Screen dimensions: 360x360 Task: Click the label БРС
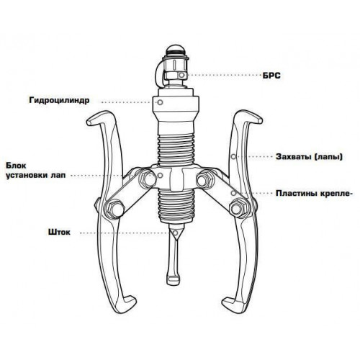tap(271, 76)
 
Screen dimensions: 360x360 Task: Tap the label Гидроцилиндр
tap(59, 100)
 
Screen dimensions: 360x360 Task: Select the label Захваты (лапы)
tap(309, 157)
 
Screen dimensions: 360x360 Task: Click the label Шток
tap(59, 233)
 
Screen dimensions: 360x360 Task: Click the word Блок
tap(16, 166)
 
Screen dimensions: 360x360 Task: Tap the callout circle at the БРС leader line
tap(181, 75)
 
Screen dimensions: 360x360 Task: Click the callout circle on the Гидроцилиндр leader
tap(161, 102)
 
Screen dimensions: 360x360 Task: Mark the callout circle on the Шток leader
tap(176, 233)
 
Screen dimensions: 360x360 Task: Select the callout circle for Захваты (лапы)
tap(233, 157)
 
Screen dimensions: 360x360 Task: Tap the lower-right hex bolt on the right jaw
tap(238, 208)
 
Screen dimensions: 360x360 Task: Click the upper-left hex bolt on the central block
tap(147, 179)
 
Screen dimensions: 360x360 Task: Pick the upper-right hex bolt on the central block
tap(204, 179)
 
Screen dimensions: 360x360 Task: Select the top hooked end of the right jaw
tap(259, 120)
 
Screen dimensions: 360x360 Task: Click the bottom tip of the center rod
tap(174, 279)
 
